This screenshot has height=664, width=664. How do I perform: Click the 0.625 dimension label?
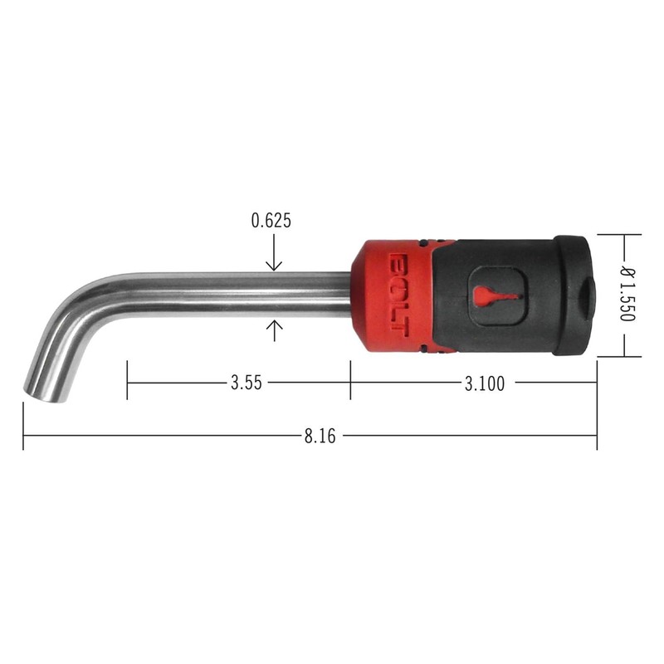pos(271,221)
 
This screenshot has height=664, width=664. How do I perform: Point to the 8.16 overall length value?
pos(320,434)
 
